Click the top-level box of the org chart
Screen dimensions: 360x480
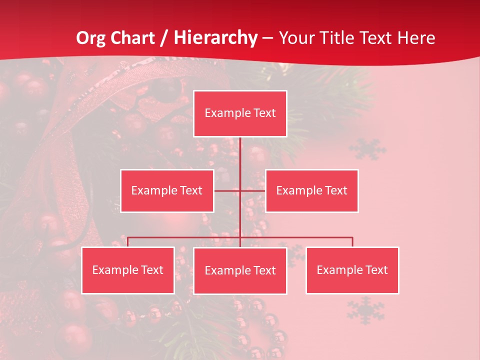pos(240,113)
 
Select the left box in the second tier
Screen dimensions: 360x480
pos(167,190)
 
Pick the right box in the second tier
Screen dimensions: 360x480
pos(311,190)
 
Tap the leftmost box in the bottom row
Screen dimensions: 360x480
pos(128,270)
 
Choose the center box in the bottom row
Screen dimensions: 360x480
pos(240,270)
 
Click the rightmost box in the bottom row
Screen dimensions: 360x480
pos(352,270)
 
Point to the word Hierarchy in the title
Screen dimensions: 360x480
pos(215,38)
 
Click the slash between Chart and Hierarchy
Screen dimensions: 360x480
pos(163,38)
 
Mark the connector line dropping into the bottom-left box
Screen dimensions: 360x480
pos(128,242)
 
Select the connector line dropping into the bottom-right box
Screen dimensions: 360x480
pos(352,242)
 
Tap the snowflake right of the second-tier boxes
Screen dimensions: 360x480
pos(367,149)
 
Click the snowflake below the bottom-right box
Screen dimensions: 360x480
pos(366,309)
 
